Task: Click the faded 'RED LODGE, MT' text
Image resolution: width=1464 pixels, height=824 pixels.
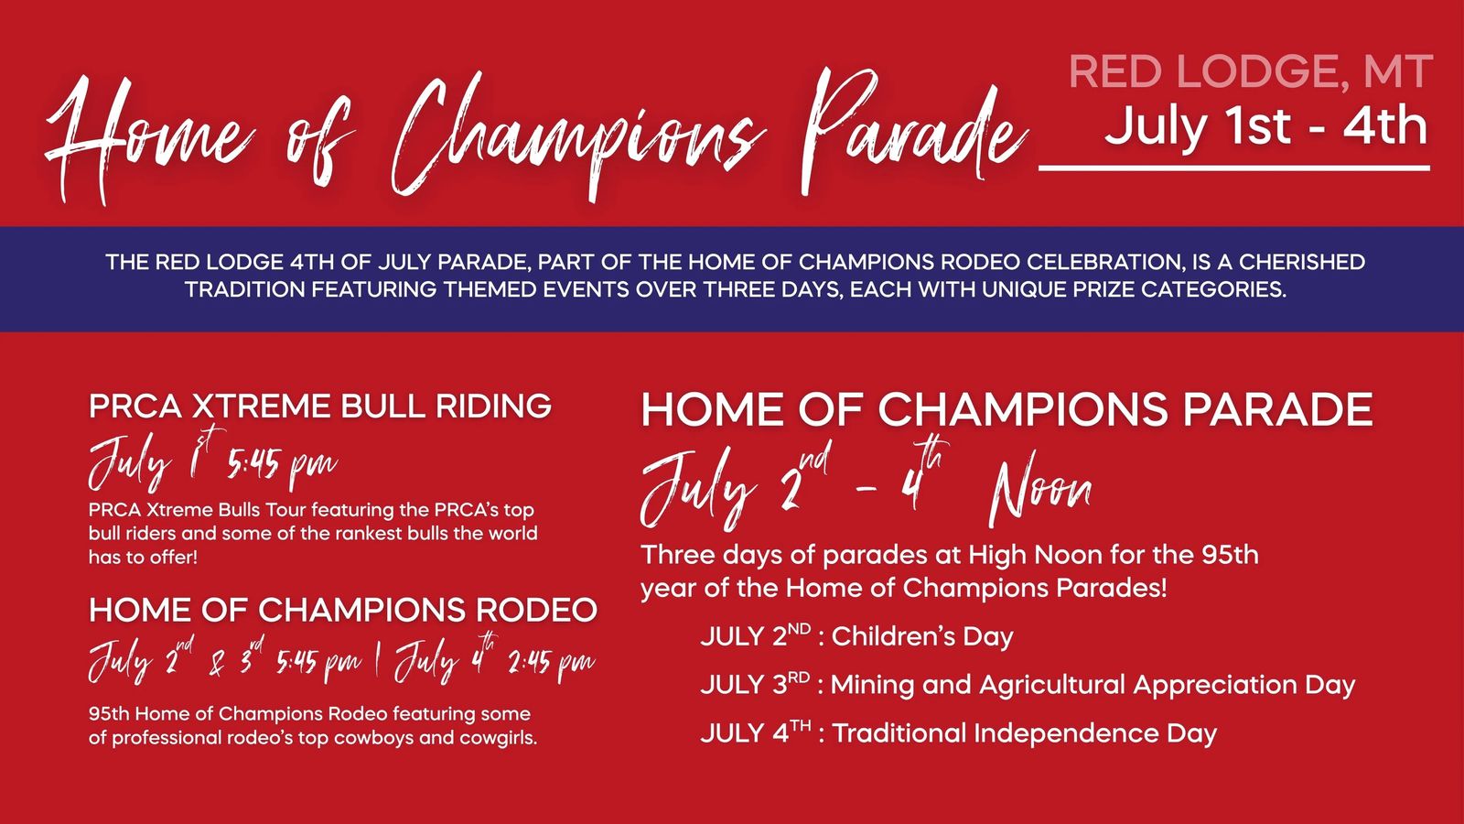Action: click(x=1251, y=71)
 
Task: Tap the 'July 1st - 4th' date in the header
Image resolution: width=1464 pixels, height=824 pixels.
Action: click(x=1266, y=127)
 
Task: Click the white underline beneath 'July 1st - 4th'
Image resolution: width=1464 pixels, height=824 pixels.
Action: click(x=1234, y=168)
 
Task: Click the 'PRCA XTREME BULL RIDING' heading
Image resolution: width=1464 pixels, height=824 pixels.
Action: click(x=320, y=407)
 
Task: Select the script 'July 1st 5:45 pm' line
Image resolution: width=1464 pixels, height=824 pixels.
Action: click(x=213, y=461)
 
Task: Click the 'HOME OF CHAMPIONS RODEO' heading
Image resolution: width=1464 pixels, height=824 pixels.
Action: click(x=343, y=610)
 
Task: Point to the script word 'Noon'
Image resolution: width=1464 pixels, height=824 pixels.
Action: click(x=1040, y=487)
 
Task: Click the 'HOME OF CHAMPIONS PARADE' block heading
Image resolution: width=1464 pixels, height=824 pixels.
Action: click(x=1006, y=409)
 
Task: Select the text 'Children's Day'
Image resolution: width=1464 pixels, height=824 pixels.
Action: click(x=922, y=636)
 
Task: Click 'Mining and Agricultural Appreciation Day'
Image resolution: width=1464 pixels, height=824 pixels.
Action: click(x=1093, y=685)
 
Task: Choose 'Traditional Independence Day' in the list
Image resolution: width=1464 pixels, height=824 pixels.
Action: click(x=1024, y=733)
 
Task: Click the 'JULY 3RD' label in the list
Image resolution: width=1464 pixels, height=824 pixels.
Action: click(x=756, y=685)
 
